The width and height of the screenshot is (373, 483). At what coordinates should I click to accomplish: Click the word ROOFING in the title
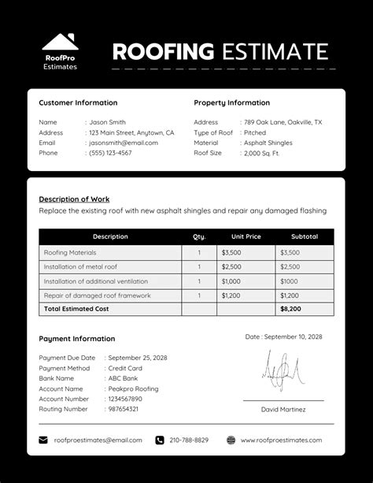[x=163, y=52]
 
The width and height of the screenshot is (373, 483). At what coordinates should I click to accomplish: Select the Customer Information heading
[x=78, y=102]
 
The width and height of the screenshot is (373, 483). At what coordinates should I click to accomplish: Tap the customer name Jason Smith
[x=107, y=122]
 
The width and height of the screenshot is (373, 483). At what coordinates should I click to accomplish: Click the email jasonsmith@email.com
[x=124, y=143]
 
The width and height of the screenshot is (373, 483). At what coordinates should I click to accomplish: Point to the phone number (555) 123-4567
[x=110, y=153]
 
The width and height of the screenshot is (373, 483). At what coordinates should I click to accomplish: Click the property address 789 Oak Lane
[x=283, y=122]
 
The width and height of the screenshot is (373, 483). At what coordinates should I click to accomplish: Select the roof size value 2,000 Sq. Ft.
[x=261, y=153]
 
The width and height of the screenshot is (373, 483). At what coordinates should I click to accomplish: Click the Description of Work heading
[x=74, y=199]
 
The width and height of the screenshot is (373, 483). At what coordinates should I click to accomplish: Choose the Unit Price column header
[x=246, y=236]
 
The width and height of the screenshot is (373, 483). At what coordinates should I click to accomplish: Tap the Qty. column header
[x=199, y=236]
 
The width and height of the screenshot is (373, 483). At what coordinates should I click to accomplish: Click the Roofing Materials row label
[x=70, y=253]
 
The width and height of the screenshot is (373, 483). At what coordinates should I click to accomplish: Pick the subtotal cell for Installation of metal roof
[x=290, y=267]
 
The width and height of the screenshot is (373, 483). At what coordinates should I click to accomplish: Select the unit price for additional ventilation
[x=231, y=281]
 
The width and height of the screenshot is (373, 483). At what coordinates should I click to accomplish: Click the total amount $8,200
[x=290, y=309]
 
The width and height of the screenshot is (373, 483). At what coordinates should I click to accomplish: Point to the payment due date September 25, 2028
[x=138, y=358]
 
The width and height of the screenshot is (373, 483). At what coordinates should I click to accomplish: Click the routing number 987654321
[x=123, y=409]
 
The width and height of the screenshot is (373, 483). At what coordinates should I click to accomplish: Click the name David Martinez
[x=283, y=410]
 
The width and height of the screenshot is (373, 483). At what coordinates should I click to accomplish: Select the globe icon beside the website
[x=231, y=440]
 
